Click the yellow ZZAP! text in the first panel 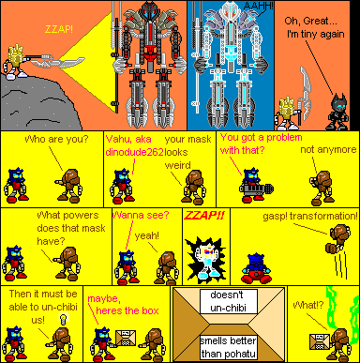click(x=56, y=29)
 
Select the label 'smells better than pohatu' click(x=225, y=346)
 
